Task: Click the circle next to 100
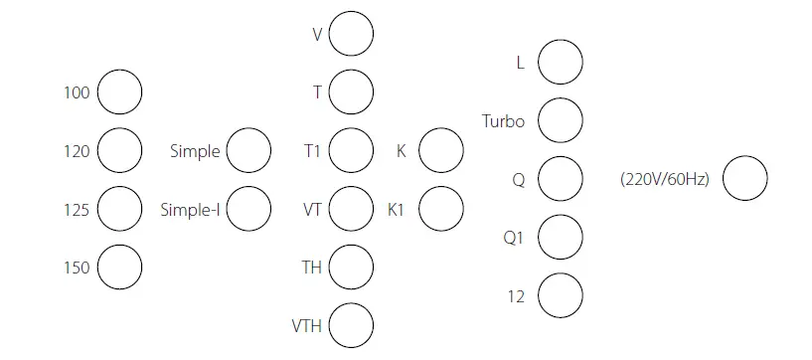pos(119,92)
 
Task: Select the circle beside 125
pos(119,209)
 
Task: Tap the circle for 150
pos(119,267)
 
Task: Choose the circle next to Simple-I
pos(248,209)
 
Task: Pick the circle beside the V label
pos(351,34)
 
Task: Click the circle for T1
pos(351,150)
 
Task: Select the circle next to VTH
pos(351,325)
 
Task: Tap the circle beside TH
pos(351,267)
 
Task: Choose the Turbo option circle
pos(560,121)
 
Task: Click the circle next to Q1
pos(560,237)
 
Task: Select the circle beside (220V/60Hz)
pos(744,180)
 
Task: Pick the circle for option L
pos(560,64)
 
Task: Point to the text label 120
pos(77,151)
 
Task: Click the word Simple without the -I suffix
pos(194,151)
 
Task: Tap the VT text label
pos(312,210)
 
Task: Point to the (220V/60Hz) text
pos(664,181)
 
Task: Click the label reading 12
pos(515,295)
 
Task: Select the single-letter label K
pos(401,151)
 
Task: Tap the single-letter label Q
pos(518,180)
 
